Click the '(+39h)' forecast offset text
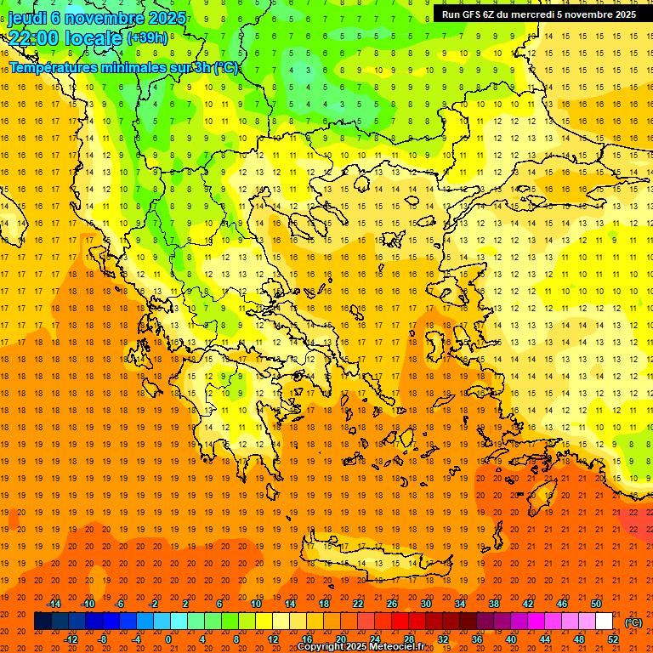[x=147, y=37]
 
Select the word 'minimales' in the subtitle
[x=129, y=67]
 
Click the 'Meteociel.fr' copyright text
[x=396, y=647]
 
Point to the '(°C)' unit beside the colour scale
[x=633, y=622]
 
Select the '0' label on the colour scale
[x=168, y=639]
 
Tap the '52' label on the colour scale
[x=613, y=639]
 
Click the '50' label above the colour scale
[x=596, y=604]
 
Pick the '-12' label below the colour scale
[x=71, y=639]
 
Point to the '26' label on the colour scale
[x=392, y=604]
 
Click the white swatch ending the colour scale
[x=605, y=622]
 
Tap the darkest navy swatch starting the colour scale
[x=43, y=622]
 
